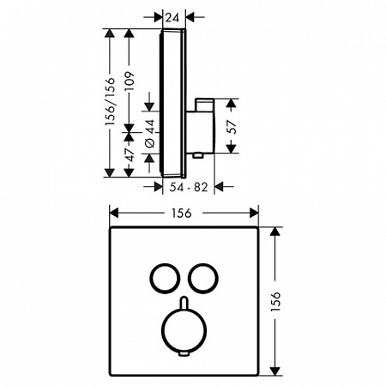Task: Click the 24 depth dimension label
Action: (172, 18)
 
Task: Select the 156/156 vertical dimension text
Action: (111, 101)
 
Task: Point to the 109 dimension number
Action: (130, 81)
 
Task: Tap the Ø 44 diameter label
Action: (150, 134)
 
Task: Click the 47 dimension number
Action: (130, 155)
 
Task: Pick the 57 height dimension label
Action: (232, 126)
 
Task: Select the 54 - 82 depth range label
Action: (189, 187)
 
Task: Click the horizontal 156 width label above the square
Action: (182, 213)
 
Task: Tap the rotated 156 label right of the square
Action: (275, 302)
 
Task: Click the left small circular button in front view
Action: (151, 279)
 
